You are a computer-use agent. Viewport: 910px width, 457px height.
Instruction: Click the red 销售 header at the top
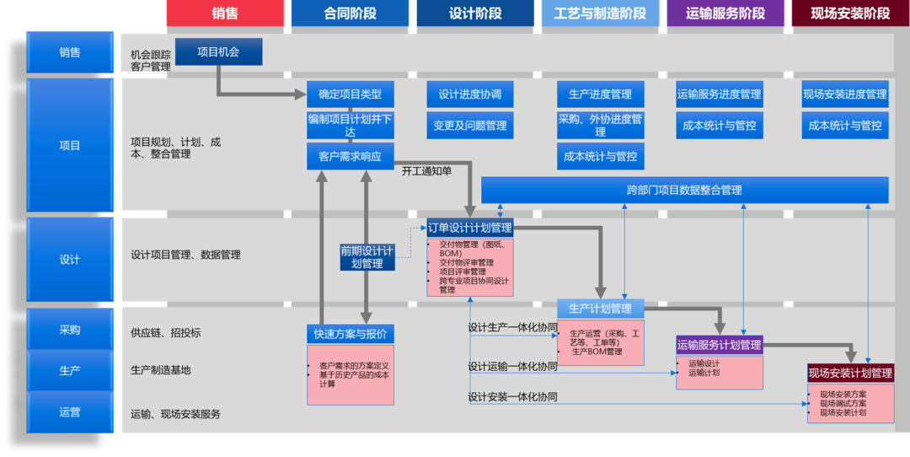(x=225, y=13)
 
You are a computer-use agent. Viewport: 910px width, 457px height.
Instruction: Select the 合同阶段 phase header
(x=350, y=13)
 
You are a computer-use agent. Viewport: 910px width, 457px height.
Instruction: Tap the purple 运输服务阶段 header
(x=725, y=13)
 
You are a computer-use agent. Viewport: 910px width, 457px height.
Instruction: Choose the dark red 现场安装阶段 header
(x=850, y=13)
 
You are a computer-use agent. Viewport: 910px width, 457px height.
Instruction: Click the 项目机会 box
(x=219, y=51)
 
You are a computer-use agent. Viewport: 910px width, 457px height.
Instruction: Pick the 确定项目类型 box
(x=350, y=94)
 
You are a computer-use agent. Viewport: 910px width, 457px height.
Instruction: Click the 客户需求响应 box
(x=350, y=157)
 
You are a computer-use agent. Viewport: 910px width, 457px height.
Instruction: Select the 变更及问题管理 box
(x=470, y=126)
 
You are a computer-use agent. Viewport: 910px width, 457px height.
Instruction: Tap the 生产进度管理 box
(x=600, y=94)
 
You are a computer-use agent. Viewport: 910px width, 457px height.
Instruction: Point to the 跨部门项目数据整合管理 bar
(x=684, y=190)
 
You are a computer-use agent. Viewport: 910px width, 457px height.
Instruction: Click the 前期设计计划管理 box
(x=367, y=256)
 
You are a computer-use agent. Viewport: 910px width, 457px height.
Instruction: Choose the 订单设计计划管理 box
(x=469, y=228)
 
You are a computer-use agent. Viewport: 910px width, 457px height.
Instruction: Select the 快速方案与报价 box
(x=350, y=334)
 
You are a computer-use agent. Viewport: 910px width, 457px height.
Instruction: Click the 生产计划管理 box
(x=600, y=309)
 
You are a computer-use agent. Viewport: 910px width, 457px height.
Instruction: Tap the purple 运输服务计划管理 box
(x=719, y=345)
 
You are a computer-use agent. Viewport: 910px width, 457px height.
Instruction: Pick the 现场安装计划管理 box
(x=850, y=374)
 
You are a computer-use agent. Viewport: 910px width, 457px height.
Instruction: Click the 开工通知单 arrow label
(x=426, y=171)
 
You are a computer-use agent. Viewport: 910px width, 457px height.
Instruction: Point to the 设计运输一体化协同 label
(x=512, y=367)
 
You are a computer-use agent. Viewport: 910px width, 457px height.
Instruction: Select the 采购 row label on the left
(x=70, y=330)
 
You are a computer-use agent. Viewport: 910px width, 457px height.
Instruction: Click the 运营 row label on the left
(x=70, y=412)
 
